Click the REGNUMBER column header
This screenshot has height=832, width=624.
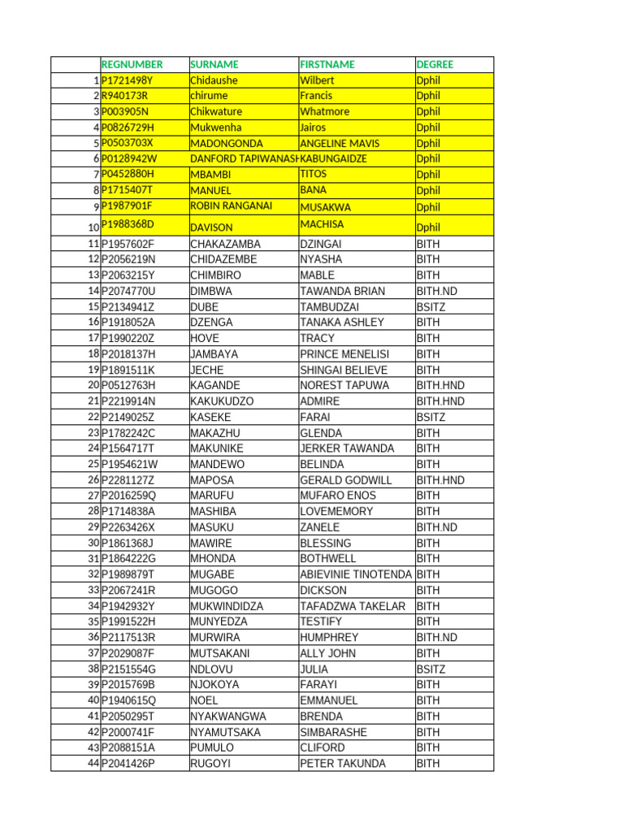pos(132,64)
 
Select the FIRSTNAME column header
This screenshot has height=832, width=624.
pos(327,64)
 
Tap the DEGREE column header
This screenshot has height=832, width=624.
pos(435,64)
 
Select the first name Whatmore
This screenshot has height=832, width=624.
pos(324,111)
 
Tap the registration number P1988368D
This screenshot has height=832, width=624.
pos(128,223)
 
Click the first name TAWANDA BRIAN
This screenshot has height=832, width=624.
pos(342,291)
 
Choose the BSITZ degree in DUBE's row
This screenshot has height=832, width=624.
pos(431,306)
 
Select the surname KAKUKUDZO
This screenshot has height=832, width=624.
pos(222,401)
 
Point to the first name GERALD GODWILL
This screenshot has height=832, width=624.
pos(345,480)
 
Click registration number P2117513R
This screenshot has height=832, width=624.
pos(128,638)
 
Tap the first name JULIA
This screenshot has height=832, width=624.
pos(314,669)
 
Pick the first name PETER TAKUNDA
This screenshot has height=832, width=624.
pos(343,764)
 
